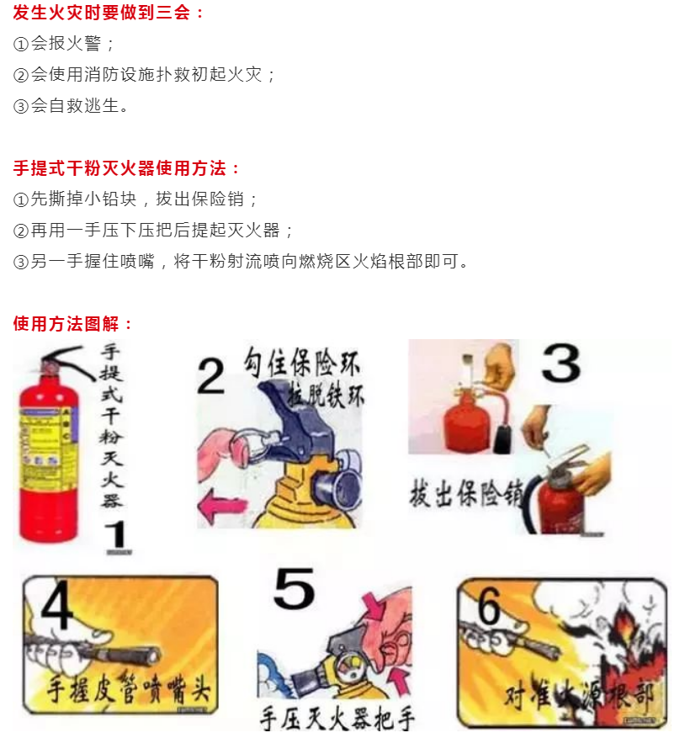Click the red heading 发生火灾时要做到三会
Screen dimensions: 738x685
click(109, 13)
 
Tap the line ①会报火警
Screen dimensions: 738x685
click(64, 44)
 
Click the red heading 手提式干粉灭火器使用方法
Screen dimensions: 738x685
click(127, 168)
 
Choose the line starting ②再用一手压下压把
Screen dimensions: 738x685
click(154, 231)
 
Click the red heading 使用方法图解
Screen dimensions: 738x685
click(73, 324)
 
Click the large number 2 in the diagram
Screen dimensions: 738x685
click(210, 375)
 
